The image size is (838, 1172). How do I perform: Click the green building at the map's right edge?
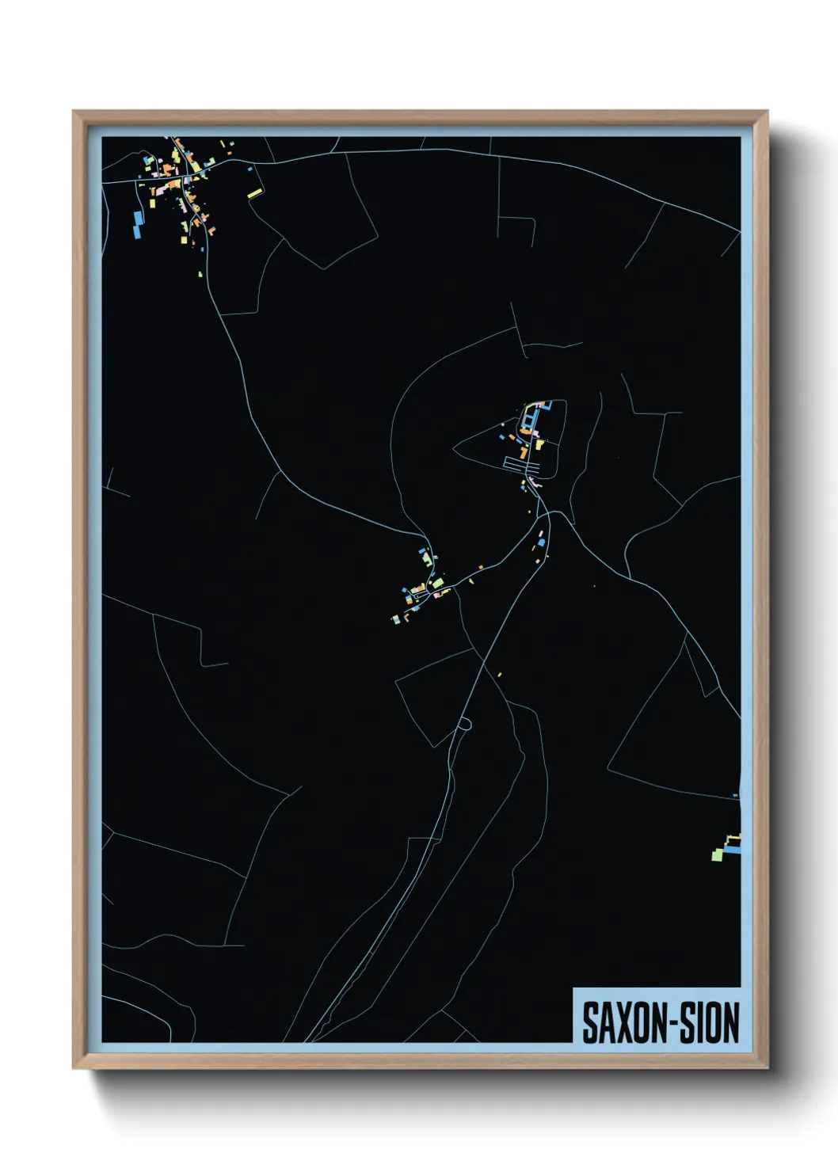tap(718, 854)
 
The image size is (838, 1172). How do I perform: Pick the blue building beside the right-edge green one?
tap(734, 850)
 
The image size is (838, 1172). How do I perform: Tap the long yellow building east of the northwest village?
tap(254, 192)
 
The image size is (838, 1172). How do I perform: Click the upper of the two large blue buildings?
tap(139, 217)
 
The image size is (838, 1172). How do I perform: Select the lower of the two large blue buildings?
tap(135, 232)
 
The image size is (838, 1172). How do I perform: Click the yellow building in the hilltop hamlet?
tap(539, 444)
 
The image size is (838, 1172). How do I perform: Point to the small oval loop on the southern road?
tap(464, 722)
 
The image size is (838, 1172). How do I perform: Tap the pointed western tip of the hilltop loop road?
tap(454, 449)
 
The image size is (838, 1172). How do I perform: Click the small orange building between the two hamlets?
tap(481, 567)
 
